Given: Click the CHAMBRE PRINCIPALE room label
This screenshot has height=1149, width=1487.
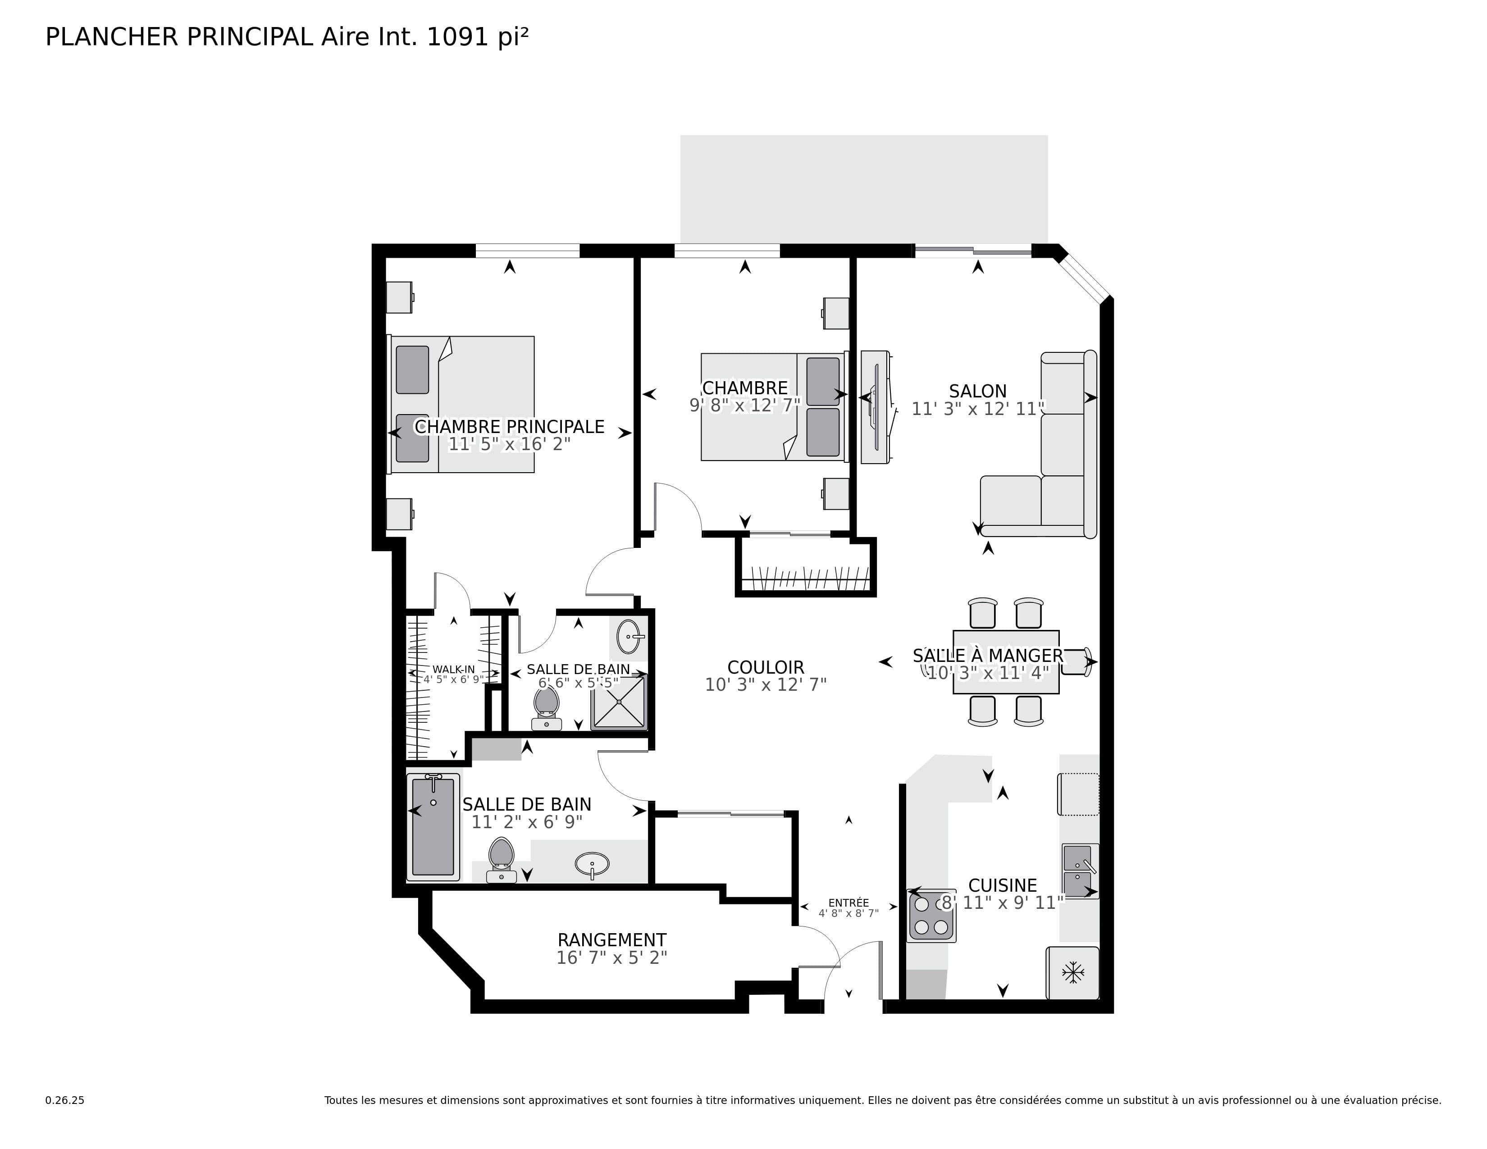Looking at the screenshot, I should point(509,427).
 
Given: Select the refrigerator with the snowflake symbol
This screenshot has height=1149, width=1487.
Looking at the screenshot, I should point(1073,973).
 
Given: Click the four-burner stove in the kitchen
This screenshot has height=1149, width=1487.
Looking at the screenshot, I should point(931,916).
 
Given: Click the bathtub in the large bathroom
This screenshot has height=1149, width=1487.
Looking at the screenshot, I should point(433,827).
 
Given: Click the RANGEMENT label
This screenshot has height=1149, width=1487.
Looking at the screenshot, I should point(611,940).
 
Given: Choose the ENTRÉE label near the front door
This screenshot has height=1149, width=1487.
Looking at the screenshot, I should point(848,903).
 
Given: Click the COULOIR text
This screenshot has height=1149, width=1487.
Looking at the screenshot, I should point(765,667).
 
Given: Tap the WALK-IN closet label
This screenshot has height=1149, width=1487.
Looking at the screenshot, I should point(453,670).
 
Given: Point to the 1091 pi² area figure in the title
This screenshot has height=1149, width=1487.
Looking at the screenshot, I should point(477,37).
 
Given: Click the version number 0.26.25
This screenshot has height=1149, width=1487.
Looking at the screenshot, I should point(65,1100).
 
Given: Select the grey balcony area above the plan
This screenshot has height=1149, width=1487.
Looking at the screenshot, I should point(863,187).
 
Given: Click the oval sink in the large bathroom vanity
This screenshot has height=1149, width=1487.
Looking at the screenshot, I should point(592,865).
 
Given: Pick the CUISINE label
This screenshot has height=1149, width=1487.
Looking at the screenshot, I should point(1002,885).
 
